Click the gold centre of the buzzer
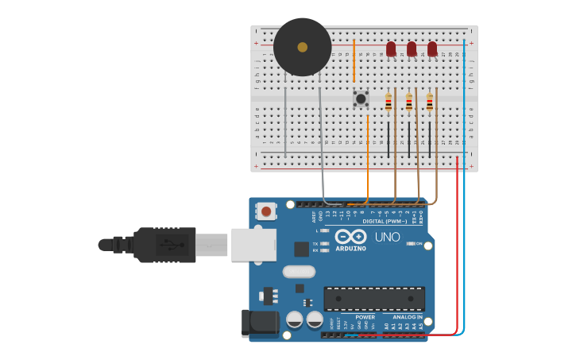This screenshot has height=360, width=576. tap(302, 47)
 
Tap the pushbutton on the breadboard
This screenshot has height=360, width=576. tap(361, 99)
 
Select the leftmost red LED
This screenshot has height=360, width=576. tap(391, 49)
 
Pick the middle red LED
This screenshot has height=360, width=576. tap(412, 49)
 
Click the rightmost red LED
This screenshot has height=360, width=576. tap(432, 49)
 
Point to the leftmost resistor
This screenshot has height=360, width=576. tap(389, 103)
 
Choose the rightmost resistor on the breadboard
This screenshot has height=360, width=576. tap(430, 103)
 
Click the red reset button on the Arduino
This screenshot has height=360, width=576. tap(266, 211)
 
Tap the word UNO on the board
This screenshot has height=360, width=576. tap(388, 237)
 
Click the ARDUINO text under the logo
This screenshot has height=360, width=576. tap(350, 249)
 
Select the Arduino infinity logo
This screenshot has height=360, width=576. tap(350, 237)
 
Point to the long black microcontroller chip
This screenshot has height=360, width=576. tap(373, 298)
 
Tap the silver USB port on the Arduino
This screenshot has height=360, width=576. tap(253, 245)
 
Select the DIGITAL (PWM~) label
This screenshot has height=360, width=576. tap(385, 221)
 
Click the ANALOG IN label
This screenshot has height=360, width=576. tap(408, 317)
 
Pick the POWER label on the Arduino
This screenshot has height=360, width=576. tap(365, 317)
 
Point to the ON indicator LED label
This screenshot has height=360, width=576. tap(419, 243)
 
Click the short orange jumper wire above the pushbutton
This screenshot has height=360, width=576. tap(354, 60)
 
